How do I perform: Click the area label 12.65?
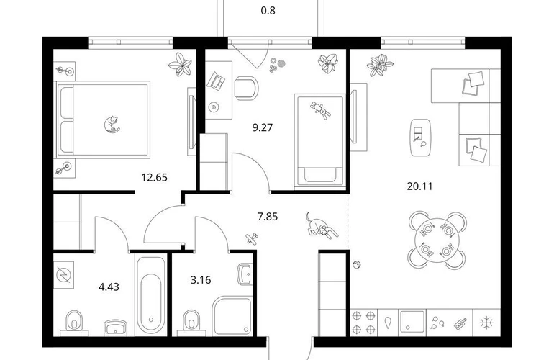tap(155, 177)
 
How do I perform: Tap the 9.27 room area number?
tap(263, 127)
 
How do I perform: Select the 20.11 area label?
tap(419, 186)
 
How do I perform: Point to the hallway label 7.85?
tap(268, 216)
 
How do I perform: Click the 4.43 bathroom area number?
tap(109, 287)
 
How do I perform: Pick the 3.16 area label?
tap(201, 280)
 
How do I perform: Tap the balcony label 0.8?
tap(268, 11)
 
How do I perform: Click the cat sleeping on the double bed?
tap(112, 125)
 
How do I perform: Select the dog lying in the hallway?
tap(321, 226)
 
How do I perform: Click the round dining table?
tap(437, 240)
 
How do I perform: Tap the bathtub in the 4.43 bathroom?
tap(151, 295)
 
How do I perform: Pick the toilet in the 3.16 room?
tap(191, 323)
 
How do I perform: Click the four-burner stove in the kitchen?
tap(363, 322)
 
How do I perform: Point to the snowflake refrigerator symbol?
tap(486, 323)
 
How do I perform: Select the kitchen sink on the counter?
tap(412, 322)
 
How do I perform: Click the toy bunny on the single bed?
tap(320, 110)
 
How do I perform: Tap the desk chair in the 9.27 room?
tap(246, 88)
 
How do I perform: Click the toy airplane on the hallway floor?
tap(252, 238)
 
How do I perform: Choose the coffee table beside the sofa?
tap(420, 138)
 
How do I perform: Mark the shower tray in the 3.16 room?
tap(232, 315)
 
